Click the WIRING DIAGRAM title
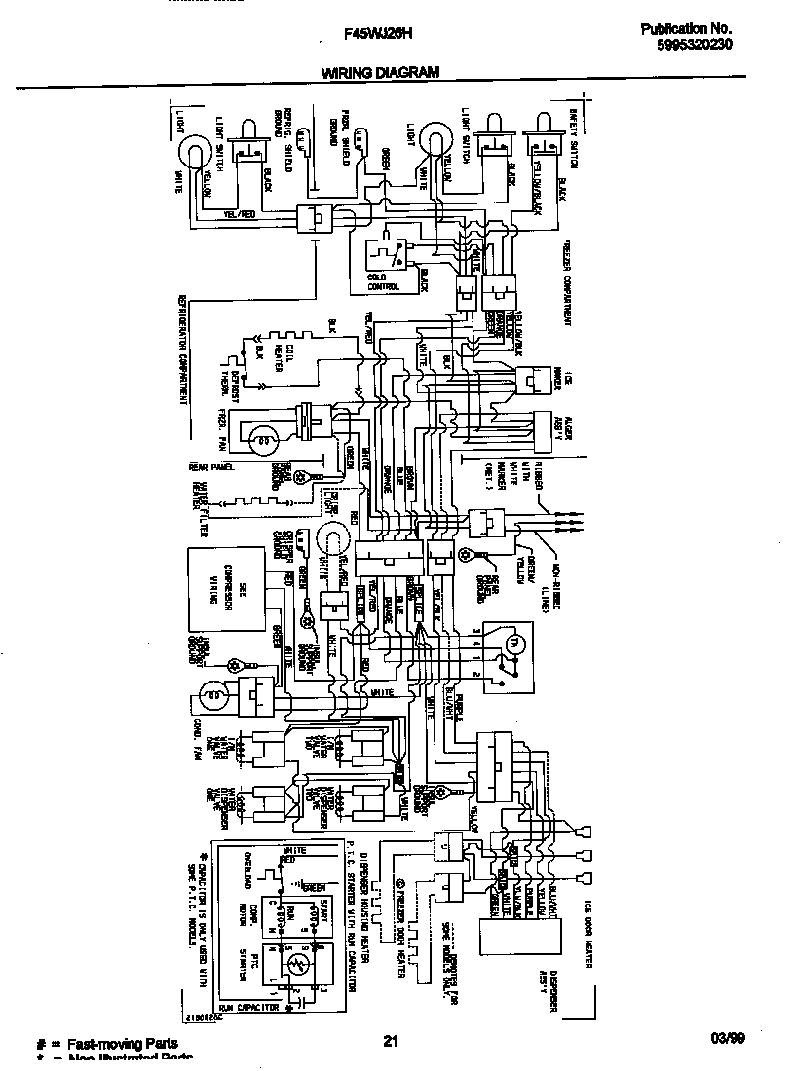point(380,72)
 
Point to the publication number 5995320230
point(687,44)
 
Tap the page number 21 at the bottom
point(390,1043)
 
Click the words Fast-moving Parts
point(121,1043)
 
